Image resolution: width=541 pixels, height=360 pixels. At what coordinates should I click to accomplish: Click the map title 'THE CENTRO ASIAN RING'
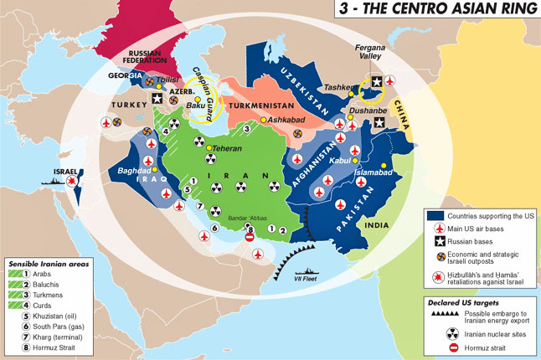pyautogui.click(x=449, y=10)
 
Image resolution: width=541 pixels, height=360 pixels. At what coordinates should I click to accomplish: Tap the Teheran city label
pyautogui.click(x=205, y=148)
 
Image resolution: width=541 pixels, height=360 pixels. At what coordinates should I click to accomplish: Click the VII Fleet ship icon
pyautogui.click(x=307, y=274)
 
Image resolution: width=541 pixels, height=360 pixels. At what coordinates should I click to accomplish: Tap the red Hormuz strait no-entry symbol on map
pyautogui.click(x=249, y=239)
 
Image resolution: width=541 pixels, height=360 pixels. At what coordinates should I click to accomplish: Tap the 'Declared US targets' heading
pyautogui.click(x=458, y=300)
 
